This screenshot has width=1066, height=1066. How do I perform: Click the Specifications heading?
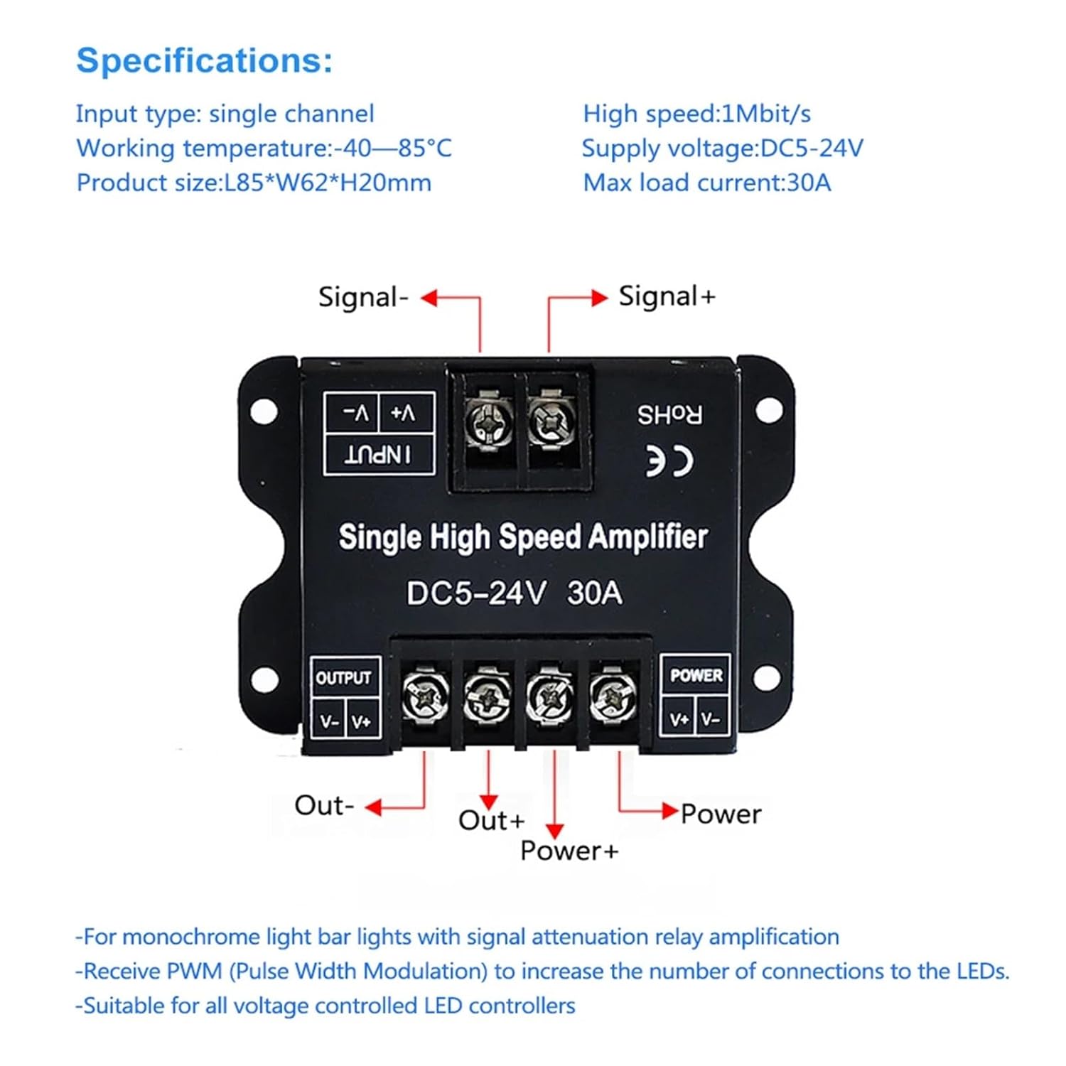click(204, 60)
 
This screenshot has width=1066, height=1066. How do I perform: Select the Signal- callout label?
click(363, 297)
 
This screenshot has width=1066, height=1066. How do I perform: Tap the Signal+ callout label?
click(667, 296)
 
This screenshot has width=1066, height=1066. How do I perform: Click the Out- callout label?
click(324, 806)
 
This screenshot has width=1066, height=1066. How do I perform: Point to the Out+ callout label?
click(491, 821)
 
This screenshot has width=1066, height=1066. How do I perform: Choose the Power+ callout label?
click(569, 851)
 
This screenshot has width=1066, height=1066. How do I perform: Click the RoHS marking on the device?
click(669, 414)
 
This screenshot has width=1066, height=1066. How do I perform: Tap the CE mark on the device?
click(669, 462)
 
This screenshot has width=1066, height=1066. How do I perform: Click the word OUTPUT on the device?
click(343, 678)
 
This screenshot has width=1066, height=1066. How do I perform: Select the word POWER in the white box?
click(696, 675)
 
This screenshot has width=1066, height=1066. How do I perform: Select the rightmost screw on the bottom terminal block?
click(613, 695)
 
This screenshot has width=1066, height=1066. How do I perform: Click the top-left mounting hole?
click(264, 411)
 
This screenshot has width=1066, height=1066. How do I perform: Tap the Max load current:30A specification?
click(706, 183)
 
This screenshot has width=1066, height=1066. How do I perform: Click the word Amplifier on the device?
click(647, 537)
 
